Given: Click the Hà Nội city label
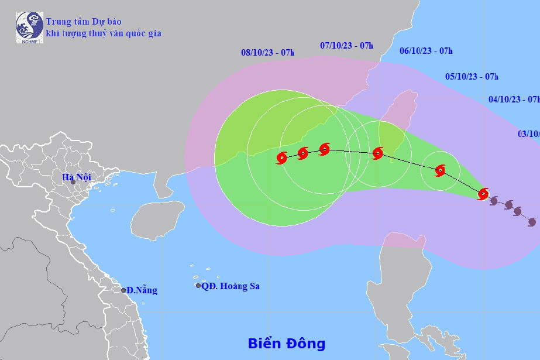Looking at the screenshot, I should click(76, 177).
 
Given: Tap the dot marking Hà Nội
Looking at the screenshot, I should click(73, 182).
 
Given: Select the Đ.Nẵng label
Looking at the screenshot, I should click(141, 290).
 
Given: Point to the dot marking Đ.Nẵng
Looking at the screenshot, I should click(123, 290).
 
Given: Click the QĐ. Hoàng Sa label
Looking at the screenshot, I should click(230, 286).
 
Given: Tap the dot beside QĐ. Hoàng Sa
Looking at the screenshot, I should click(198, 286).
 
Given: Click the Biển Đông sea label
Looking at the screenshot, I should click(286, 343).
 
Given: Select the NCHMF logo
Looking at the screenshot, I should click(29, 26).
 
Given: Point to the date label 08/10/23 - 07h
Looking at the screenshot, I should click(267, 53).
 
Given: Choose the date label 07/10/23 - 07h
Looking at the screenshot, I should click(347, 45).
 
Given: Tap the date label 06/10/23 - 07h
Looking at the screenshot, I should click(426, 51).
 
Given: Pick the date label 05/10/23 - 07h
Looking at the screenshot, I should click(472, 76).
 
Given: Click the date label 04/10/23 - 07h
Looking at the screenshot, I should click(514, 99).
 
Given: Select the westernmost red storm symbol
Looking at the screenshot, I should click(281, 157).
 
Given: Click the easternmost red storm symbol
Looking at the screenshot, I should click(483, 194).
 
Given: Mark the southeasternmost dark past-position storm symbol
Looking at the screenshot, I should click(532, 222).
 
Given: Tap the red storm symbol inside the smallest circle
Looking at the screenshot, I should click(440, 170).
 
